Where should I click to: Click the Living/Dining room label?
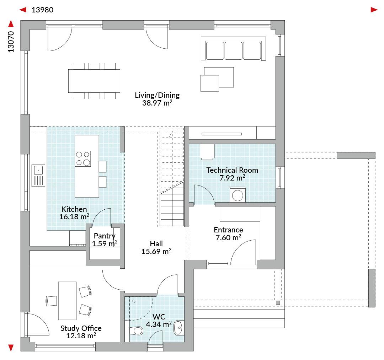(x=157, y=95)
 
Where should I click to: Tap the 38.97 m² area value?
(x=157, y=103)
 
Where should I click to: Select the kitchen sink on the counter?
(x=38, y=176)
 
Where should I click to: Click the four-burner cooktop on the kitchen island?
(x=83, y=158)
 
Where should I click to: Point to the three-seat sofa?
(x=233, y=48)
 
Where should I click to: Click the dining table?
(x=94, y=81)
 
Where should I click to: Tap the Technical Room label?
(x=232, y=170)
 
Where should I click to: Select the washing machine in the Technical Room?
(x=238, y=195)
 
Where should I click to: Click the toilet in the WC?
(x=136, y=331)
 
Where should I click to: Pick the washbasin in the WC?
(x=178, y=327)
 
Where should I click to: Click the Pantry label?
(x=105, y=236)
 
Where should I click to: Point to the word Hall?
(x=156, y=244)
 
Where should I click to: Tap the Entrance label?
(x=228, y=230)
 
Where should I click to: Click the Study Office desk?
(x=67, y=301)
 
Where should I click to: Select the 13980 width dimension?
(x=42, y=10)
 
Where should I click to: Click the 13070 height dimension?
(x=11, y=42)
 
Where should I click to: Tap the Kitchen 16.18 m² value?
(x=74, y=216)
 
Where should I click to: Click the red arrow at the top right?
(x=374, y=10)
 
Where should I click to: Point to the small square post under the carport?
(x=278, y=303)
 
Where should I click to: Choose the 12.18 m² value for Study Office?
(x=81, y=336)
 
